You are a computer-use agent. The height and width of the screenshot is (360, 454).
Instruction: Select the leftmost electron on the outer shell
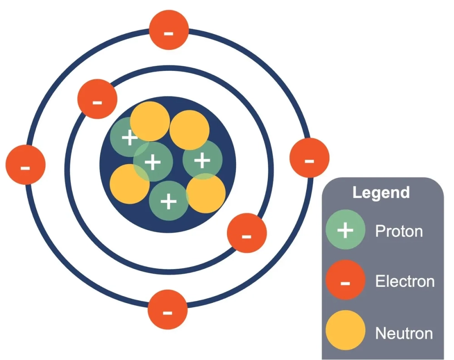pyautogui.click(x=25, y=164)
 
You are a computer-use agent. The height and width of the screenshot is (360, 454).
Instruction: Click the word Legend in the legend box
pyautogui.click(x=381, y=192)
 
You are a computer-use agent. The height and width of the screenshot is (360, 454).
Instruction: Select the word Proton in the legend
pyautogui.click(x=399, y=231)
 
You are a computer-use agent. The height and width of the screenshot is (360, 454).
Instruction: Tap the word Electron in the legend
pyautogui.click(x=405, y=281)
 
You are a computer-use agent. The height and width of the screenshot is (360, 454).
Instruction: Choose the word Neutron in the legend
pyautogui.click(x=404, y=334)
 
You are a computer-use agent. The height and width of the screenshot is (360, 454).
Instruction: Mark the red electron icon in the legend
pyautogui.click(x=345, y=282)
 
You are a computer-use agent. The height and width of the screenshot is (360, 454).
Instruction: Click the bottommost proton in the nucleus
pyautogui.click(x=169, y=201)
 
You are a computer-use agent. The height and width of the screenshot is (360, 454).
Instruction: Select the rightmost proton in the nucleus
pyautogui.click(x=202, y=160)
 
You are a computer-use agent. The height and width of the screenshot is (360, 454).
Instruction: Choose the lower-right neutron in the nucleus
pyautogui.click(x=206, y=194)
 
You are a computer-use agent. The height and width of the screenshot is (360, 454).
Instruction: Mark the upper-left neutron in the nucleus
pyautogui.click(x=150, y=121)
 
